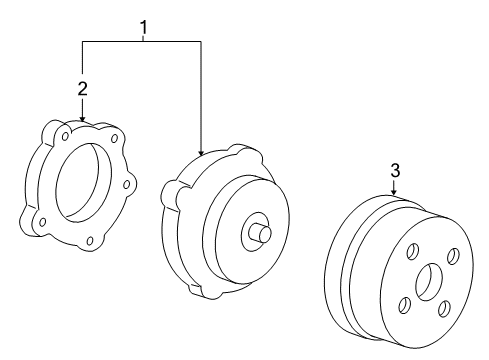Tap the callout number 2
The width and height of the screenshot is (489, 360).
(83, 89)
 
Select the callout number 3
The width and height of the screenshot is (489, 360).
(395, 171)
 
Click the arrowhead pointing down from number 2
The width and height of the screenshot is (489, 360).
(83, 118)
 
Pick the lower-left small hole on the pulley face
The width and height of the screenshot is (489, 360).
(403, 306)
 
